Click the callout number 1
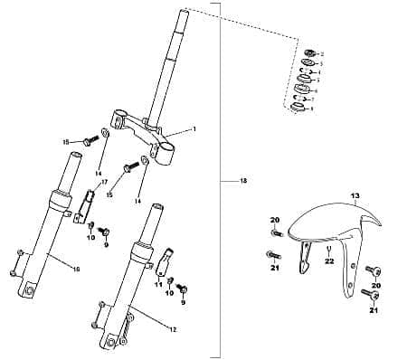point(194,129)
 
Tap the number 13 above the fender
point(355,195)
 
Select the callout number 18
point(243,182)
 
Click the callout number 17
point(103,182)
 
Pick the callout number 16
point(76,269)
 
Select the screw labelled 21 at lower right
point(368,294)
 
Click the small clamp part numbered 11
point(165,265)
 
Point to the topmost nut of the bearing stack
point(309,54)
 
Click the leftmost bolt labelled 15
point(88,141)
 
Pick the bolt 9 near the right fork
point(184,289)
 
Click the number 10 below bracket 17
point(90,238)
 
